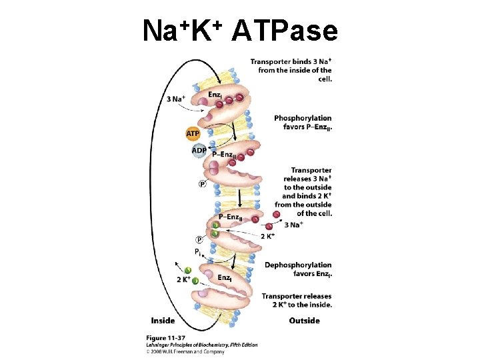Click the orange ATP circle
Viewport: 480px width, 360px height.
point(193,134)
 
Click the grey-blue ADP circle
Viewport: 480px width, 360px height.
point(199,151)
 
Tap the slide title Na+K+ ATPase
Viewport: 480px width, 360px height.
point(240,30)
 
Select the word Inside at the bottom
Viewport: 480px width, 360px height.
point(163,321)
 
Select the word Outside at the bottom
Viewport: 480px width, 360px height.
point(304,321)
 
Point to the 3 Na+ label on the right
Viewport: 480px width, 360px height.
point(294,225)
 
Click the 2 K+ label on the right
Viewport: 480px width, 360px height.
point(269,236)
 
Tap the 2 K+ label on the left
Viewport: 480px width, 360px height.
point(184,279)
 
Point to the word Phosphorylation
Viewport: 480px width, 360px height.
point(302,118)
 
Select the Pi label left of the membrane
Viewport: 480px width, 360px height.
point(198,251)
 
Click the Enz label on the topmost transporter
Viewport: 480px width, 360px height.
point(215,95)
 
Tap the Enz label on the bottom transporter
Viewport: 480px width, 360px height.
point(225,277)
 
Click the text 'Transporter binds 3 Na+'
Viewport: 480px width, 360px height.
point(291,62)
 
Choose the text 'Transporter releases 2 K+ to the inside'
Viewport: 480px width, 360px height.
point(297,300)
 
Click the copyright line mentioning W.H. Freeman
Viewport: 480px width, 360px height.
point(184,351)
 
